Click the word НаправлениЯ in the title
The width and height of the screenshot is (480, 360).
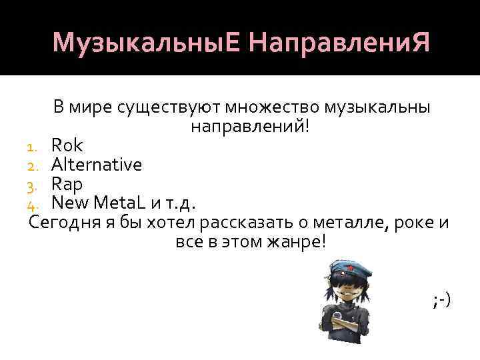(338, 43)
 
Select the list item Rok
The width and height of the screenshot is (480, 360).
(67, 145)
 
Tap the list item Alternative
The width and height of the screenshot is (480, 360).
(97, 164)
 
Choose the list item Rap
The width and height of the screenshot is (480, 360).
(67, 183)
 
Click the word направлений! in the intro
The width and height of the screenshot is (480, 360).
(250, 126)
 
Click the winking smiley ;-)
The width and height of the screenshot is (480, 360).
(441, 301)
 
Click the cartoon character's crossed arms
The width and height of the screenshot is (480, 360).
(347, 324)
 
